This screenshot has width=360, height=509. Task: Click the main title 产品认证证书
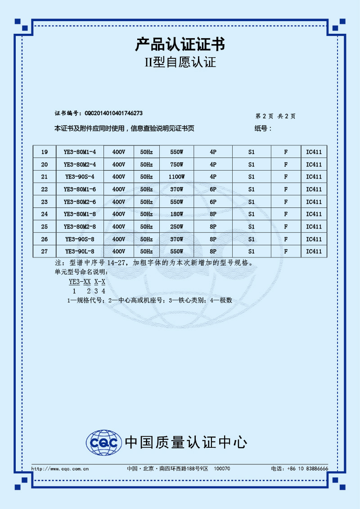pos(180,45)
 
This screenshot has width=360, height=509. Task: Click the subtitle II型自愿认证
pos(180,62)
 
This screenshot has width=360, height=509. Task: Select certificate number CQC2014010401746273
pos(114,113)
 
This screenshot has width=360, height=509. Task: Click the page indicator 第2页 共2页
pos(275,116)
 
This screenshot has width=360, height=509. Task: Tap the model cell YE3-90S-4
pos(80,177)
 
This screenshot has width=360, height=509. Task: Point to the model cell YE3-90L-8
pos(80,252)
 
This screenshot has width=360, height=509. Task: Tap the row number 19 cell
pos(45,152)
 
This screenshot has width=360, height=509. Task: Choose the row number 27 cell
pos(45,252)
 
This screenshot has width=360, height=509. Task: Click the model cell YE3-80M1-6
pos(80,189)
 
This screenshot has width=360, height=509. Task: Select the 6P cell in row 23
pos(213,202)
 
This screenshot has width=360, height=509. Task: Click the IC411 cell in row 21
pos(314,177)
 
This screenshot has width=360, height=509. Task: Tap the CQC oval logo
pos(104,442)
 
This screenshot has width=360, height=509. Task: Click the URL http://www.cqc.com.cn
pos(60,468)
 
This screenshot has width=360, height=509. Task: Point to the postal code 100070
pos(222,468)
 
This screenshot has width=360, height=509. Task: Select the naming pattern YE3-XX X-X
pos(87,282)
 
